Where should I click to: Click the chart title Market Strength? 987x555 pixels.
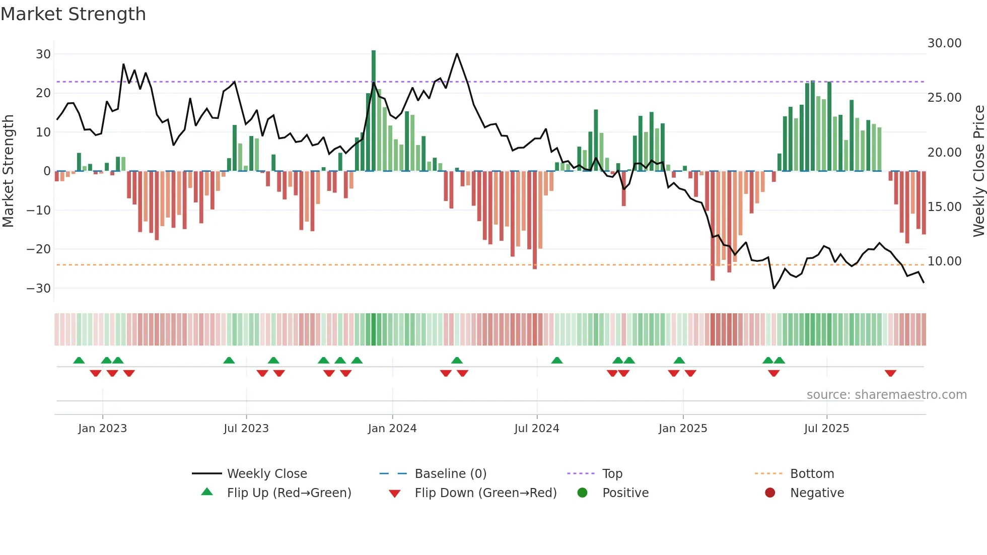(74, 14)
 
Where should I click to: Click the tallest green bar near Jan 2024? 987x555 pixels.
(374, 111)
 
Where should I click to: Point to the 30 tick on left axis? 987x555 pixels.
(43, 54)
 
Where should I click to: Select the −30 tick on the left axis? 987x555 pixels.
(39, 289)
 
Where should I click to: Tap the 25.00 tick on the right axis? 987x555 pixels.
(944, 98)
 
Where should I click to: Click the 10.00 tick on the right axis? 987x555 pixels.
(944, 261)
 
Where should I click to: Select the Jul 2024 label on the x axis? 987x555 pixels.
(536, 429)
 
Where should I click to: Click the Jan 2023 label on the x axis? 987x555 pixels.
(103, 429)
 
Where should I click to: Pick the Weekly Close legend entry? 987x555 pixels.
(266, 474)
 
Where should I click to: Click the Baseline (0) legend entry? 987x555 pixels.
(450, 474)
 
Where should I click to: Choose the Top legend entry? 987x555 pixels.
(612, 474)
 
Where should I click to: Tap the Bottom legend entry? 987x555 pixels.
(812, 474)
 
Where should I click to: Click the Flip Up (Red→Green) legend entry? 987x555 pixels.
(289, 493)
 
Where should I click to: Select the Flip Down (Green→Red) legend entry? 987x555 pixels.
(485, 493)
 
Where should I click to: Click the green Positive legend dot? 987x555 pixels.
(583, 493)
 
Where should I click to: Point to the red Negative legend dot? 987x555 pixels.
(770, 493)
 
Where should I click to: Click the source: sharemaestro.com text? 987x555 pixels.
(886, 395)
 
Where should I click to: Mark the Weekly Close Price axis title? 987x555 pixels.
(979, 171)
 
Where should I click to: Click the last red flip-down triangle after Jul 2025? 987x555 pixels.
(890, 373)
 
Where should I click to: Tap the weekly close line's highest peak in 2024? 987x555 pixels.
(457, 53)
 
